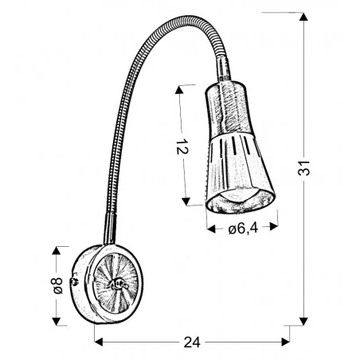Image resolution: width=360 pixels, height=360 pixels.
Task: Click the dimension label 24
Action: point(191,342)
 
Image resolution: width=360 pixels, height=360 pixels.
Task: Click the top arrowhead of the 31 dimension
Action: point(303,16)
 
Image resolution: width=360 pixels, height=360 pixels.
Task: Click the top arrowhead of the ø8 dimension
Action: point(56,250)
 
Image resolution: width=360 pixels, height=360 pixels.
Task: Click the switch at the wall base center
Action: point(119,284)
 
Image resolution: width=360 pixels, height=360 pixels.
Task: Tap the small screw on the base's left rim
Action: point(73,280)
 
